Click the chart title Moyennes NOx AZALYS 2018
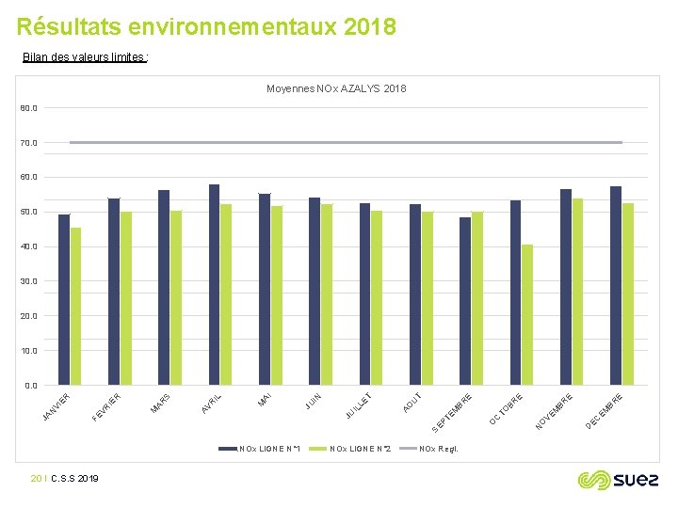coord(336,88)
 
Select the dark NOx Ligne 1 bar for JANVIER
coord(64,299)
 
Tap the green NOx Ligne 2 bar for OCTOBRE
coord(527,314)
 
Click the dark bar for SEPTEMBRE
coord(465,301)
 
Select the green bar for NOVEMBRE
coord(577,292)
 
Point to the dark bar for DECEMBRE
coord(616,285)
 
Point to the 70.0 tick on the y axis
coord(29,143)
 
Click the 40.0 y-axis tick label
coord(29,246)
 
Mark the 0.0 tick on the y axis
coord(31,385)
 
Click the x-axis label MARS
coord(161,404)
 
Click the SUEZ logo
coord(618,480)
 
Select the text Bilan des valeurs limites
coord(85,57)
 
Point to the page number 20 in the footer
coord(36,479)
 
